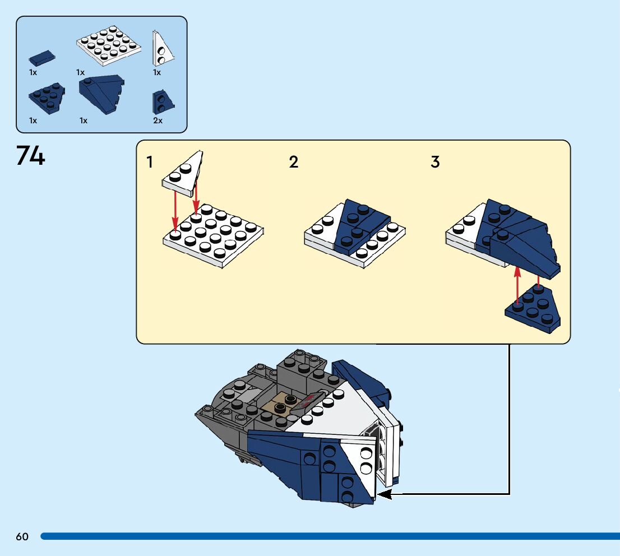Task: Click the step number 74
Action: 30,155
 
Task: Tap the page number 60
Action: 22,536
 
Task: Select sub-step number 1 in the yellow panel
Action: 149,163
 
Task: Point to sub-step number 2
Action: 294,163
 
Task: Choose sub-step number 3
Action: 435,163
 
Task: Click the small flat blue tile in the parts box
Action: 42,58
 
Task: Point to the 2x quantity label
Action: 158,121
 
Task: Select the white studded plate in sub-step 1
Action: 213,235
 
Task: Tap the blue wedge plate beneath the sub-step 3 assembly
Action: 533,309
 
